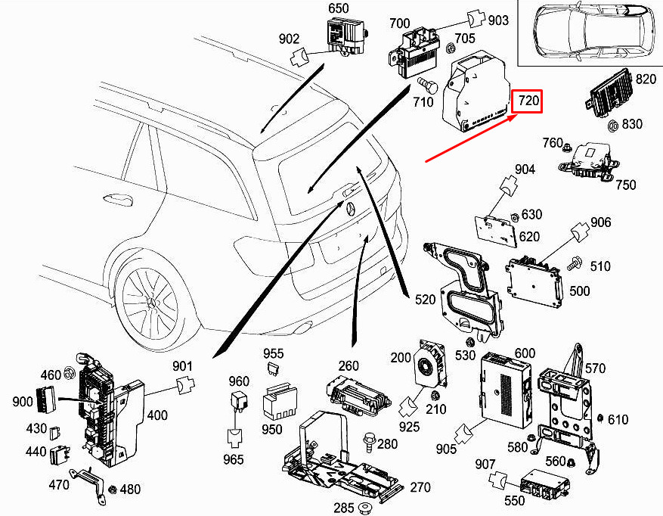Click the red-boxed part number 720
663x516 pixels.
(528, 101)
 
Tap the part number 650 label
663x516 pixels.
(338, 9)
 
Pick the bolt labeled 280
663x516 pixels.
(371, 440)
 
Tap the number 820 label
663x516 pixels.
(646, 79)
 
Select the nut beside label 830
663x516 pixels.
(614, 125)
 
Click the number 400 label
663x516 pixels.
(157, 415)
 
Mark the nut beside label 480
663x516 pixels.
(113, 489)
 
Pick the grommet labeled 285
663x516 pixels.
(363, 506)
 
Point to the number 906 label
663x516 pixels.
(601, 222)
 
